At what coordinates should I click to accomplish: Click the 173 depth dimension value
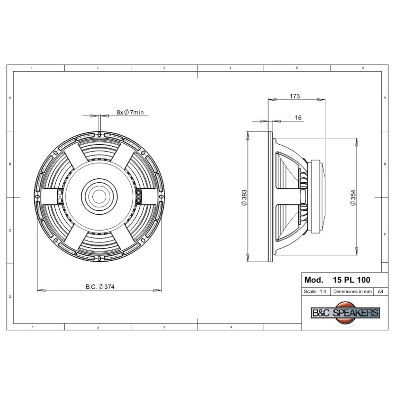coord(295,96)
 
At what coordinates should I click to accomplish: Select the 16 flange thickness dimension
coord(298,118)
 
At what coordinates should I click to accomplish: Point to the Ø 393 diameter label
coord(244,198)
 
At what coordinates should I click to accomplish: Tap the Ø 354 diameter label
coord(353,198)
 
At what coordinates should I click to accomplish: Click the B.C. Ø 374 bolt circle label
coord(100,287)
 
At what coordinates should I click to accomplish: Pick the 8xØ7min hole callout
coord(130,113)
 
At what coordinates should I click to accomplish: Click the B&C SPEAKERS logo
coord(346,313)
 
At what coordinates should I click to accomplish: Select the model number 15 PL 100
coord(352,280)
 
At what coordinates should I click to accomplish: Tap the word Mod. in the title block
coord(314,280)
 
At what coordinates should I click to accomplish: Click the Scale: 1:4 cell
coord(315,291)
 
